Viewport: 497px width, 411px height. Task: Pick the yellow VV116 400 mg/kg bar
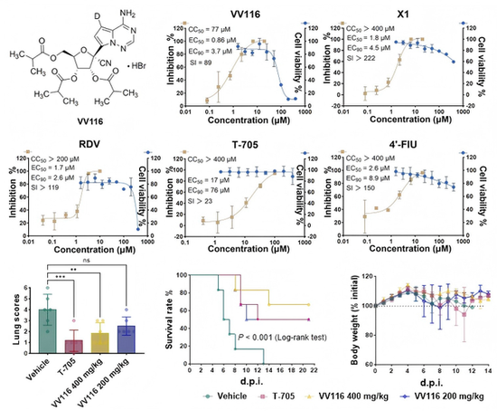point(104,349)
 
